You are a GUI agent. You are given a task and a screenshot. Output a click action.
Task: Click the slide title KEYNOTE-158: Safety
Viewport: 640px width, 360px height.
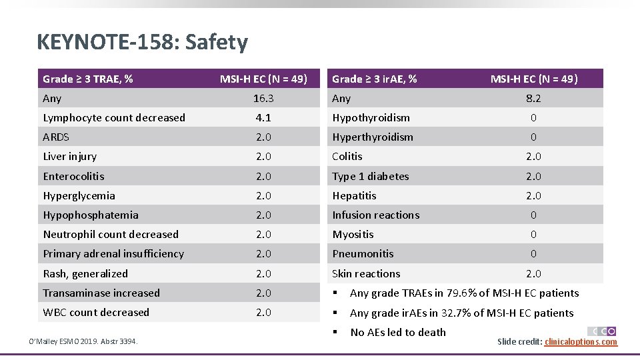143,43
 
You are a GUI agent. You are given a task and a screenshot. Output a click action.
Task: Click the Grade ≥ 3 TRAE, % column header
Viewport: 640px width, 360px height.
88,79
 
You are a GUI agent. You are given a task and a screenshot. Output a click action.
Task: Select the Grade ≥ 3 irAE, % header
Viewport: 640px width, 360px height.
375,79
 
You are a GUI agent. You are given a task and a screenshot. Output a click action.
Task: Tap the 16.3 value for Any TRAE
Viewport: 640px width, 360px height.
263,99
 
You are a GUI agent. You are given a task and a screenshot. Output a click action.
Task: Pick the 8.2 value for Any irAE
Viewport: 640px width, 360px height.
533,99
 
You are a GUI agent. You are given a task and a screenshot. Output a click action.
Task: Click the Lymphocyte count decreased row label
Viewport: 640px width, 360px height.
114,118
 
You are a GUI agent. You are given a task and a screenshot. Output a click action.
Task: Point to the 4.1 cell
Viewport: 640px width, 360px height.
263,118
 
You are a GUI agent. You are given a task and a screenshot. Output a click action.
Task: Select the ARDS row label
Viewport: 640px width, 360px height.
56,137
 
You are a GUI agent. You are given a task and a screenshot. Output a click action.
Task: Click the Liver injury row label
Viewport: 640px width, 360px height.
70,157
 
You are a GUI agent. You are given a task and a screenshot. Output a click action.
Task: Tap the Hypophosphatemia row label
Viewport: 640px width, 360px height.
91,215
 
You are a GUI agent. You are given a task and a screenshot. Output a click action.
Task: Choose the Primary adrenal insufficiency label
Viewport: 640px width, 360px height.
113,254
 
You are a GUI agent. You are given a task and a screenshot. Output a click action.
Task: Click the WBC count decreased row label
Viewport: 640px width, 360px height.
96,313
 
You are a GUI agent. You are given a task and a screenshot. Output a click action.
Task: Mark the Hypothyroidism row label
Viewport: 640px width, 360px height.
371,118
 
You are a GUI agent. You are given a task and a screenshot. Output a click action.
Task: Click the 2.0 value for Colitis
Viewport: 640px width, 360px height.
533,157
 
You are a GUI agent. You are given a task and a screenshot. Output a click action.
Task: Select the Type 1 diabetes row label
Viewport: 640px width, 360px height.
371,177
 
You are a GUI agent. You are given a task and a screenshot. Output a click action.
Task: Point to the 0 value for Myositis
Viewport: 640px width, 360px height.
533,235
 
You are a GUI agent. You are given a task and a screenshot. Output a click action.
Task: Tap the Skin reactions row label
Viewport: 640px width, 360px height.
366,274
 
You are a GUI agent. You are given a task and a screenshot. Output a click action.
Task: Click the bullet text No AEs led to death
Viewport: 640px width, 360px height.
398,333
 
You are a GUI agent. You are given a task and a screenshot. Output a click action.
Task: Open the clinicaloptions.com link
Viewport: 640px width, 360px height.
581,342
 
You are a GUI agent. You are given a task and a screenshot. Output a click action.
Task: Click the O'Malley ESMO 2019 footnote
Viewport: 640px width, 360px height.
81,342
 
